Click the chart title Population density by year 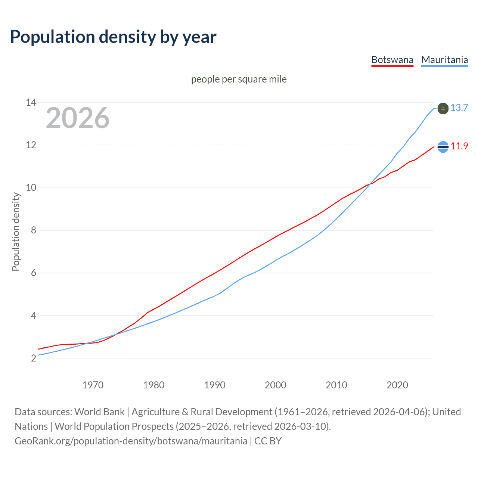coord(113,37)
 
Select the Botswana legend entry coord(392,60)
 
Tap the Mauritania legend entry coord(444,60)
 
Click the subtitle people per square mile coord(239,79)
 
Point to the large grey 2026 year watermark coord(78,118)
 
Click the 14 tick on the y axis coord(31,102)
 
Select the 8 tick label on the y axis coord(34,230)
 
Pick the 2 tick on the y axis coord(34,358)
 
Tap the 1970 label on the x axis coord(93,385)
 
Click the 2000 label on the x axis coord(275,385)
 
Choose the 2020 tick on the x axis coord(397,385)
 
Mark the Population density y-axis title coord(16,232)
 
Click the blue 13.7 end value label coord(459,108)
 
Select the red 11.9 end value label coord(459,146)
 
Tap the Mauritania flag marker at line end coord(443,109)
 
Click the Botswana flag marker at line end coord(443,147)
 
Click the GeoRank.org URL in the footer coord(131,441)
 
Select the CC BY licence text coord(268,441)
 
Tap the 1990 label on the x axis coord(214,385)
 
